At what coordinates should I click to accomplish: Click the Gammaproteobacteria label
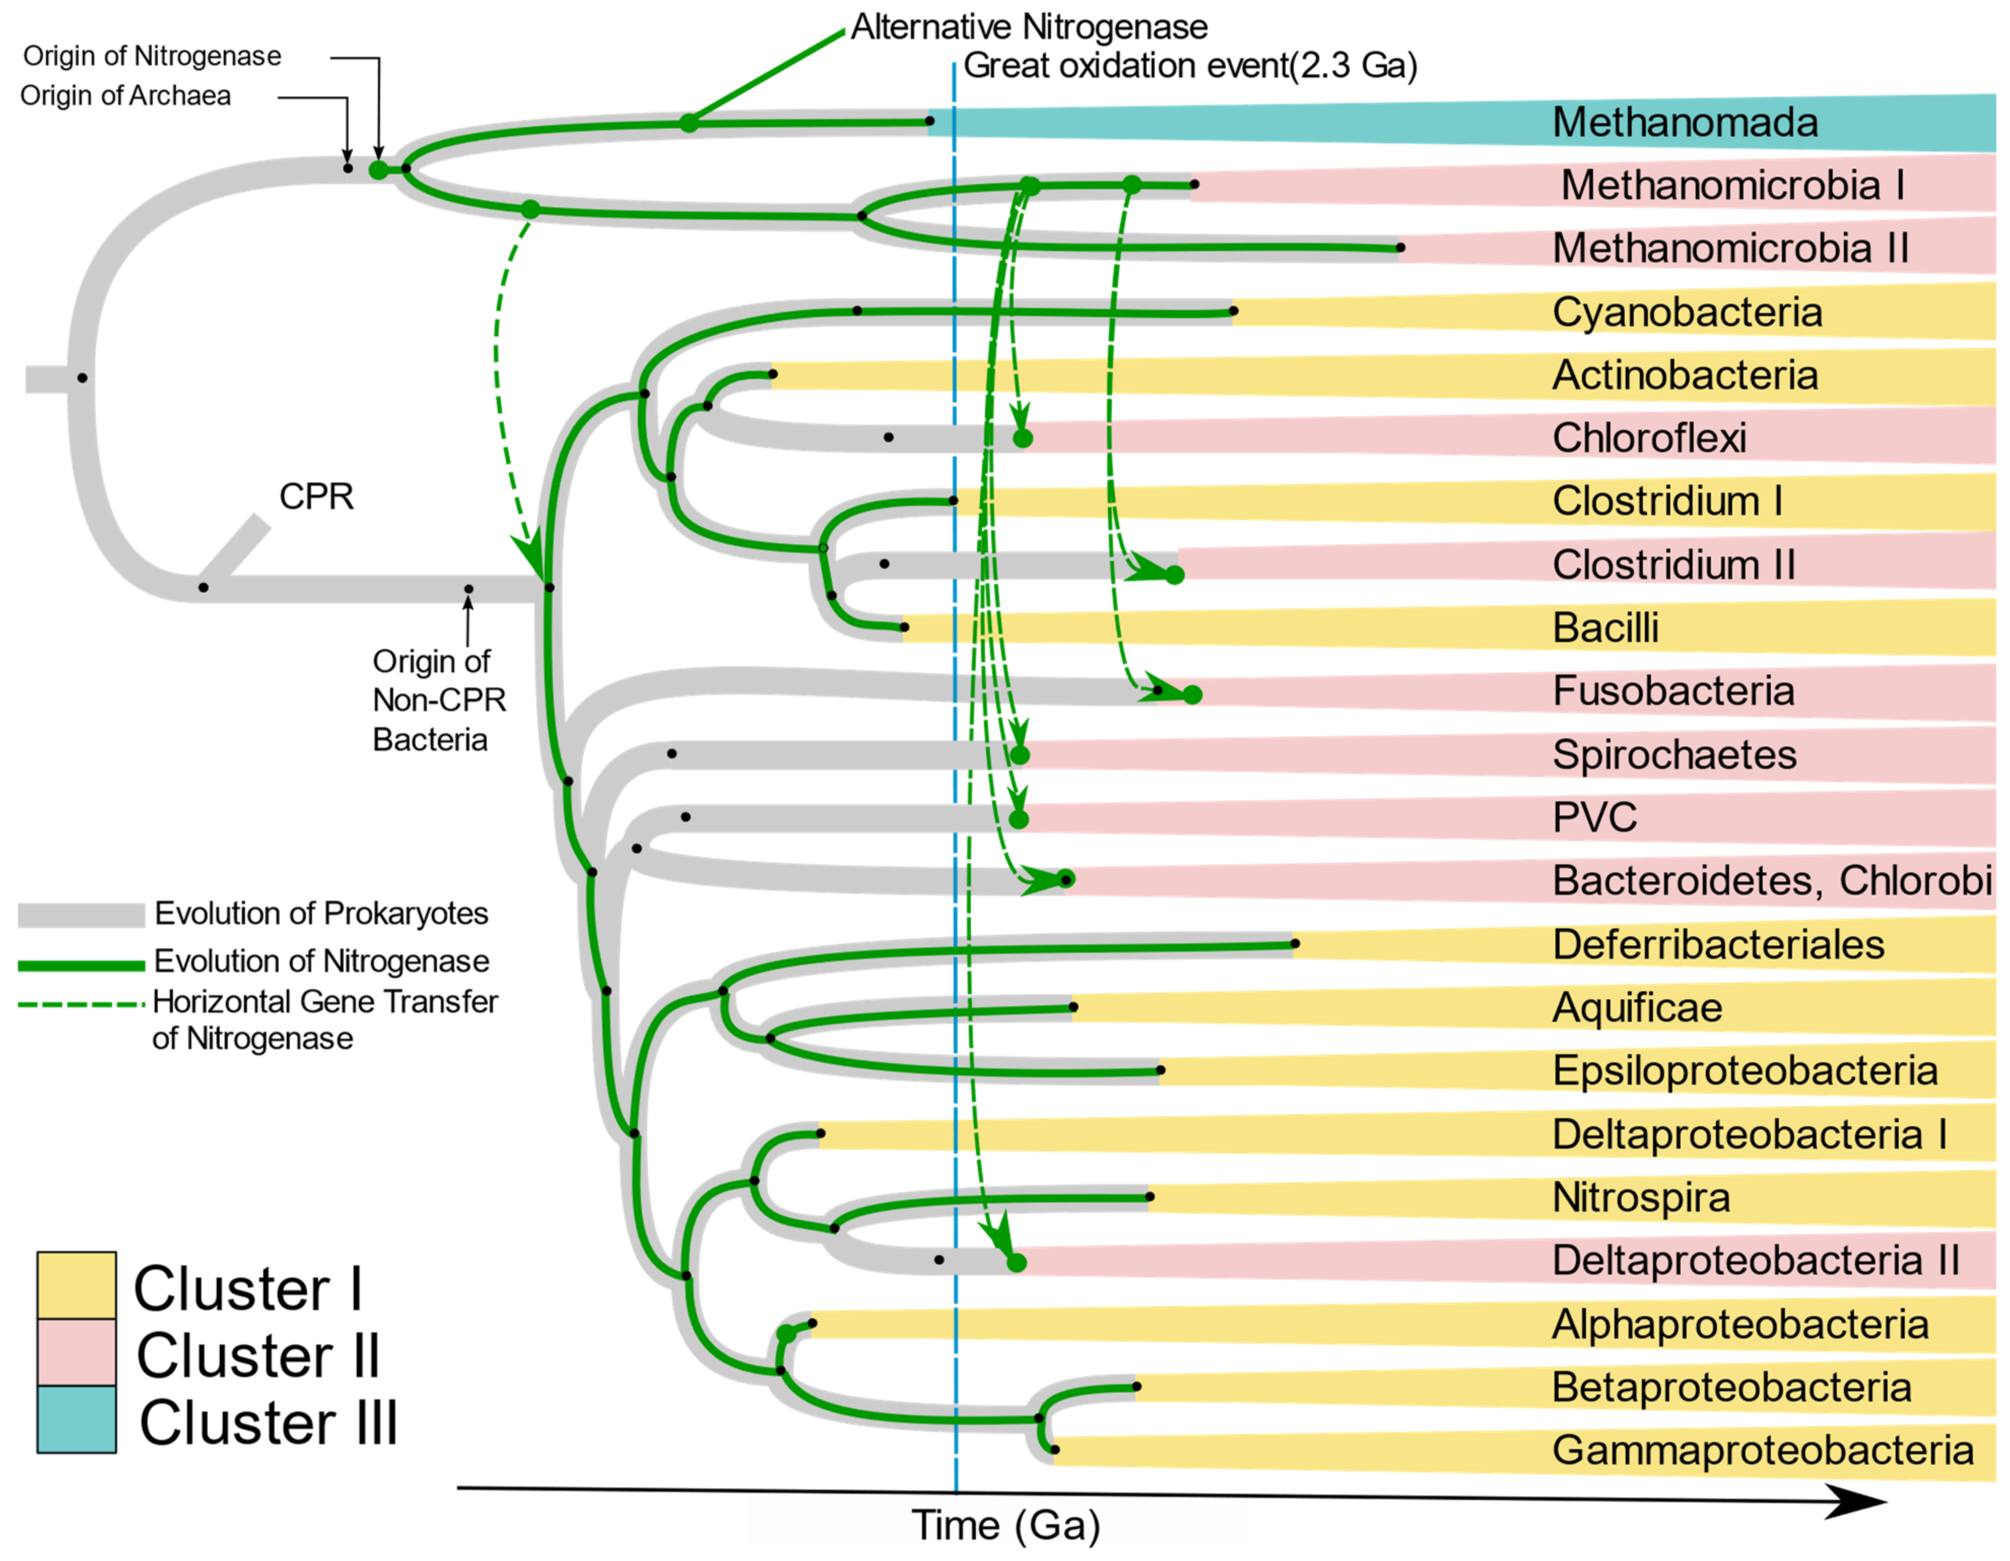(1762, 1450)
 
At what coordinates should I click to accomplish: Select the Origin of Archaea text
(125, 96)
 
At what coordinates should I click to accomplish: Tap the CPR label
(316, 497)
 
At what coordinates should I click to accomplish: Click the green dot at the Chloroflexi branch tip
(1022, 438)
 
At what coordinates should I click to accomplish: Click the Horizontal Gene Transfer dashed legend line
(81, 1004)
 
